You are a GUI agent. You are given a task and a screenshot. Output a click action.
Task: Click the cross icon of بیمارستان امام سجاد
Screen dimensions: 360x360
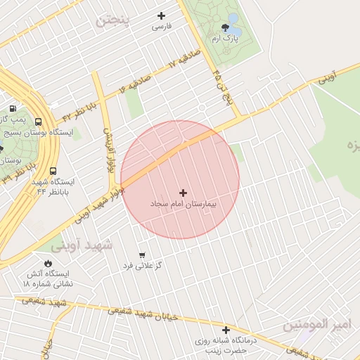[184, 192]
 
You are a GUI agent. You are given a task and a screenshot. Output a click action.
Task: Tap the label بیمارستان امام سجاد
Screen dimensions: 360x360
[184, 202]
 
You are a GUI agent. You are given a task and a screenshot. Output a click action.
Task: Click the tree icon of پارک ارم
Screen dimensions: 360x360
[225, 28]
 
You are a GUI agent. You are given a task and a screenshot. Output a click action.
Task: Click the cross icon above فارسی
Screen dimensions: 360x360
[162, 15]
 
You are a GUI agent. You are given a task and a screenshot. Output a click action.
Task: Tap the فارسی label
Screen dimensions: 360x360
[162, 27]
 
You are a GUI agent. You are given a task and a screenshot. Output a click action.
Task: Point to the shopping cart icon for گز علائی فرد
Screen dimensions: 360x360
[142, 255]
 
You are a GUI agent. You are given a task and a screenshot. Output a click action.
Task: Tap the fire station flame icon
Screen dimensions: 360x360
[48, 263]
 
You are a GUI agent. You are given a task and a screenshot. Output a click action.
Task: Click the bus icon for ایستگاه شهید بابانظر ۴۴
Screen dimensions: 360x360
[53, 171]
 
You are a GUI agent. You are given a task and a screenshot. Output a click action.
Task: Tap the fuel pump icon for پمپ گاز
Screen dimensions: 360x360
[13, 110]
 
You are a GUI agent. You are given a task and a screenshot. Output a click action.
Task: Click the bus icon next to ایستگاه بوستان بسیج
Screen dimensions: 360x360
[37, 122]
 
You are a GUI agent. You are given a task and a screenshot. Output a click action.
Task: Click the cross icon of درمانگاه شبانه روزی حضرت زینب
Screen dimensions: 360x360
[226, 330]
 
